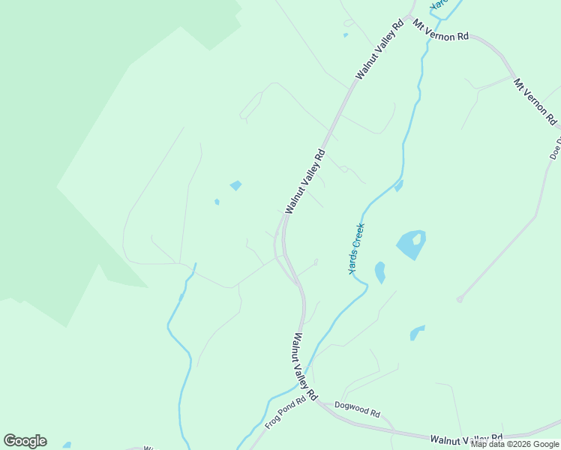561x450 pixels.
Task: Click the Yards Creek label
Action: point(357,248)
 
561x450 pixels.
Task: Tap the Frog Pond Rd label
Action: point(286,412)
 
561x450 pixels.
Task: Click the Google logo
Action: point(25,441)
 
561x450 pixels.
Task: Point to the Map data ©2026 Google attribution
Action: point(515,444)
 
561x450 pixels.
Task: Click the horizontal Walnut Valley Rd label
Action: point(466,439)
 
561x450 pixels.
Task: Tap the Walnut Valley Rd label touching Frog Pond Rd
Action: point(306,366)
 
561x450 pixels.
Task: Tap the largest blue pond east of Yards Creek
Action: point(409,247)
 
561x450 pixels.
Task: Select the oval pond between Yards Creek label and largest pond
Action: point(380,272)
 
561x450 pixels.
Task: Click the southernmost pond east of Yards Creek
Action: point(417,332)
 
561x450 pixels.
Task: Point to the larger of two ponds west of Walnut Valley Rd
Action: point(236,185)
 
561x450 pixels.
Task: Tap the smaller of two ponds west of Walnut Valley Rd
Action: point(217,202)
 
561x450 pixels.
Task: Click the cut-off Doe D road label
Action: point(556,148)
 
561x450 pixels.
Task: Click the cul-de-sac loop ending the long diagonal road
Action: point(460,299)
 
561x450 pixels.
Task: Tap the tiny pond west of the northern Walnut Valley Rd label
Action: point(345,34)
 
